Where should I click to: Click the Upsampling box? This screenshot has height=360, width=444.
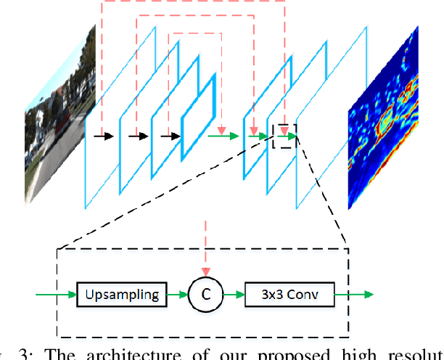(x=121, y=295)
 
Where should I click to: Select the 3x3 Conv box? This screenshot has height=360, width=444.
(x=289, y=295)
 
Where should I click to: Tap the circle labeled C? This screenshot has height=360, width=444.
(x=205, y=295)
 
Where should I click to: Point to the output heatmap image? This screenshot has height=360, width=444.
(x=384, y=116)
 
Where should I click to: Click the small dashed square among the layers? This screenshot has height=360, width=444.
(x=284, y=136)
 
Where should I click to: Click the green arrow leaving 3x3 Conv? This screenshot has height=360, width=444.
(x=355, y=295)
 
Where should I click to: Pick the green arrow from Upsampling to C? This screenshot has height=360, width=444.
(x=177, y=295)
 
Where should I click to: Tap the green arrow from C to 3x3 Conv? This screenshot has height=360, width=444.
(x=232, y=295)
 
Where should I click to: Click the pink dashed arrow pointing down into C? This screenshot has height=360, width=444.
(x=205, y=247)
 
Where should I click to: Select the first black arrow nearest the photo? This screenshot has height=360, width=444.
(x=106, y=135)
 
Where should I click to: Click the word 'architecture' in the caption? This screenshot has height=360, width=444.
(x=112, y=354)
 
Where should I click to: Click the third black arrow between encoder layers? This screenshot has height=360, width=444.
(x=171, y=135)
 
